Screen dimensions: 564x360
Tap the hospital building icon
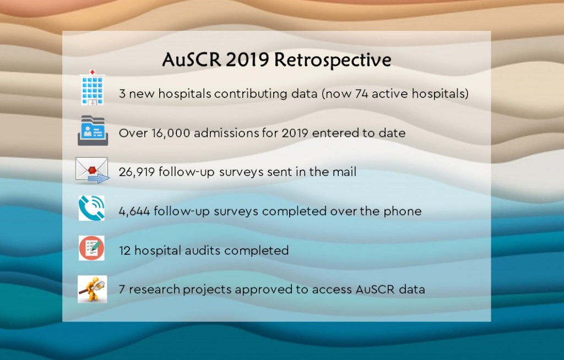pyautogui.click(x=93, y=88)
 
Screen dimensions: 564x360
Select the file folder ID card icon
pyautogui.click(x=93, y=130)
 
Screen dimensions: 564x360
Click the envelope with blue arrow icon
pyautogui.click(x=92, y=170)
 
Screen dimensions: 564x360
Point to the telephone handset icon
pyautogui.click(x=92, y=208)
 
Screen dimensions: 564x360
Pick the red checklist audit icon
pyautogui.click(x=92, y=248)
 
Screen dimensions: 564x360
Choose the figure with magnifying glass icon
pyautogui.click(x=93, y=289)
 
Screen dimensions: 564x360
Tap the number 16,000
pyautogui.click(x=171, y=133)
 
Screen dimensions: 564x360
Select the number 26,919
pyautogui.click(x=137, y=172)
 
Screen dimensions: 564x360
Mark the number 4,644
pyautogui.click(x=134, y=211)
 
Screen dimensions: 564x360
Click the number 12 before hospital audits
pyautogui.click(x=125, y=250)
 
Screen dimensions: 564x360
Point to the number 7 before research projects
pyautogui.click(x=122, y=289)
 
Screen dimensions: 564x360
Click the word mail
pyautogui.click(x=344, y=172)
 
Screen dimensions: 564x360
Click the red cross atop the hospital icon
pyautogui.click(x=93, y=72)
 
